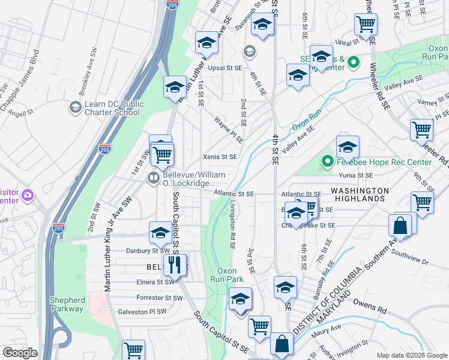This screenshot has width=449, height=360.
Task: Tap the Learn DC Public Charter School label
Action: [x=112, y=107]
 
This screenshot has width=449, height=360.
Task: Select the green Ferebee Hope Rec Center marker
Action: [x=327, y=161]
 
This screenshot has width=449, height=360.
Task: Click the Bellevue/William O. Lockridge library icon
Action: [x=154, y=178]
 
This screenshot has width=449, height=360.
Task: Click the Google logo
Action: [x=20, y=352]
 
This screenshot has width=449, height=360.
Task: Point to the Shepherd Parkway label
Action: [x=67, y=304]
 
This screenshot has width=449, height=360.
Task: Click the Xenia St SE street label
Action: [x=220, y=157]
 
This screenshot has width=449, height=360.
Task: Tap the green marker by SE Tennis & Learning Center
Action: [x=354, y=62]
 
